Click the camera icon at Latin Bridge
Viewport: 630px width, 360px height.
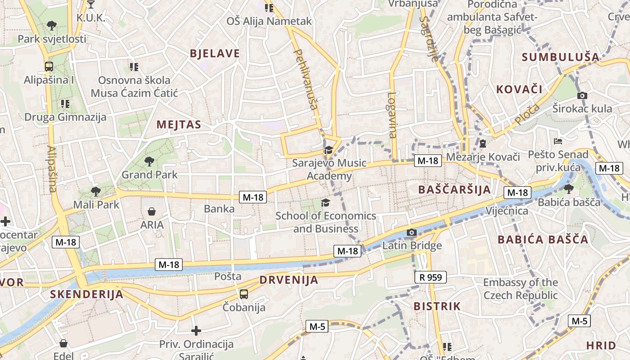tap(411, 233)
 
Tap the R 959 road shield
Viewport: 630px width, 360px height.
tap(430, 277)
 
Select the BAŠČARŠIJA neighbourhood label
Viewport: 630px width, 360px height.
tap(454, 189)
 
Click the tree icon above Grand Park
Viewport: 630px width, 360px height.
tap(149, 161)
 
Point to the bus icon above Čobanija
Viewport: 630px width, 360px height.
tap(243, 294)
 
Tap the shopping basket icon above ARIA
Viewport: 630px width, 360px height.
tap(152, 211)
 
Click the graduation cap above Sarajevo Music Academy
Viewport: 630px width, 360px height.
tap(328, 150)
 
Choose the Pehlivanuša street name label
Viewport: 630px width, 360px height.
tap(305, 79)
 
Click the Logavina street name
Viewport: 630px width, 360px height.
tap(392, 115)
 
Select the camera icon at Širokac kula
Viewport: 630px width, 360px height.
tap(582, 95)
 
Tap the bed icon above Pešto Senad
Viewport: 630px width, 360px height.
tap(558, 141)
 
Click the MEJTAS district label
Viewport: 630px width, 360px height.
tap(179, 125)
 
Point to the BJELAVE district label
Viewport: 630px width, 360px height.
tap(215, 54)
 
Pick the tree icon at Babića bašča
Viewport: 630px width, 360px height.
tap(568, 189)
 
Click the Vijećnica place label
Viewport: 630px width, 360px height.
tap(507, 211)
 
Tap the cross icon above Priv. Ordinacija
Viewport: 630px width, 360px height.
tap(196, 331)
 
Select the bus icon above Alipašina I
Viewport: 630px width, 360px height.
tap(49, 67)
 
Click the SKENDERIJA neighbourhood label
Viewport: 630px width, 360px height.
tap(86, 294)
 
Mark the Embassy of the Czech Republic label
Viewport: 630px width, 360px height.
tap(520, 289)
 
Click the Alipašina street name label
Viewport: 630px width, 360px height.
tap(52, 169)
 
